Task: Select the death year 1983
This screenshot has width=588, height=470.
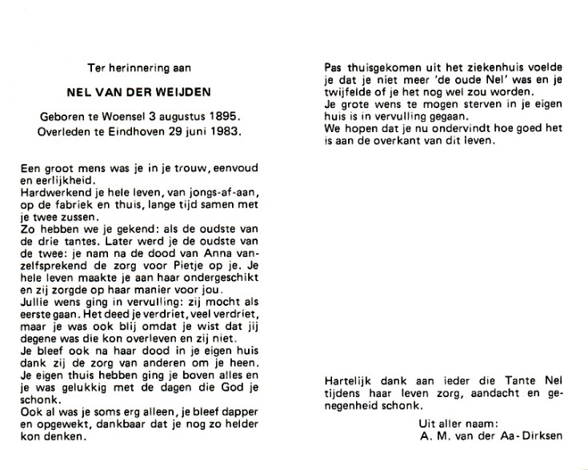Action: tap(224, 129)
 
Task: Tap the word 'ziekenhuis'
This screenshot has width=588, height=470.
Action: tap(471, 69)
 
